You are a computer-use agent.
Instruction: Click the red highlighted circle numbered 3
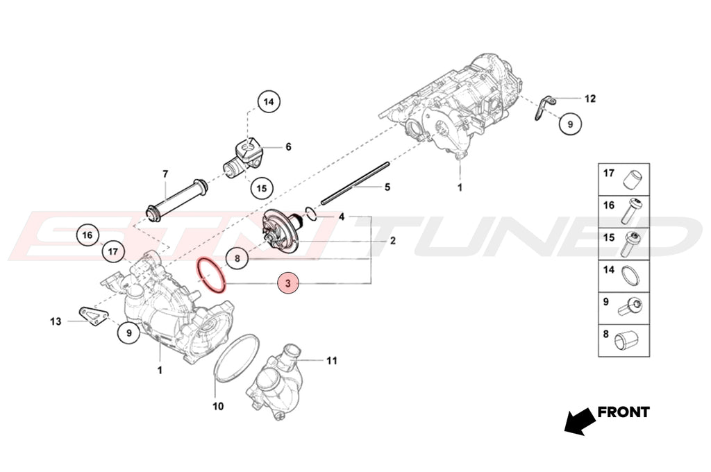coord(288,283)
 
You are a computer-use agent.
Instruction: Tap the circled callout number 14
coord(269,101)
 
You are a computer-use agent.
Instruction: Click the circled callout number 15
coord(261,188)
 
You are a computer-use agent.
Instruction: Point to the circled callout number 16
coord(87,235)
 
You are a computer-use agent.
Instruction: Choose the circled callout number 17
coord(113,251)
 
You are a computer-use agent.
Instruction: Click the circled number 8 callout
coord(237,259)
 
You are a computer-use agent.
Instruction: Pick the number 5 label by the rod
coord(387,187)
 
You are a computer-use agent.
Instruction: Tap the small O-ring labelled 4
coord(311,215)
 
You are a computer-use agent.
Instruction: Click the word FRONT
coord(624,412)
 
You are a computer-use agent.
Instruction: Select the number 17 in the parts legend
coord(609,173)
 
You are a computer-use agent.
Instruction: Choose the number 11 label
coord(332,361)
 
